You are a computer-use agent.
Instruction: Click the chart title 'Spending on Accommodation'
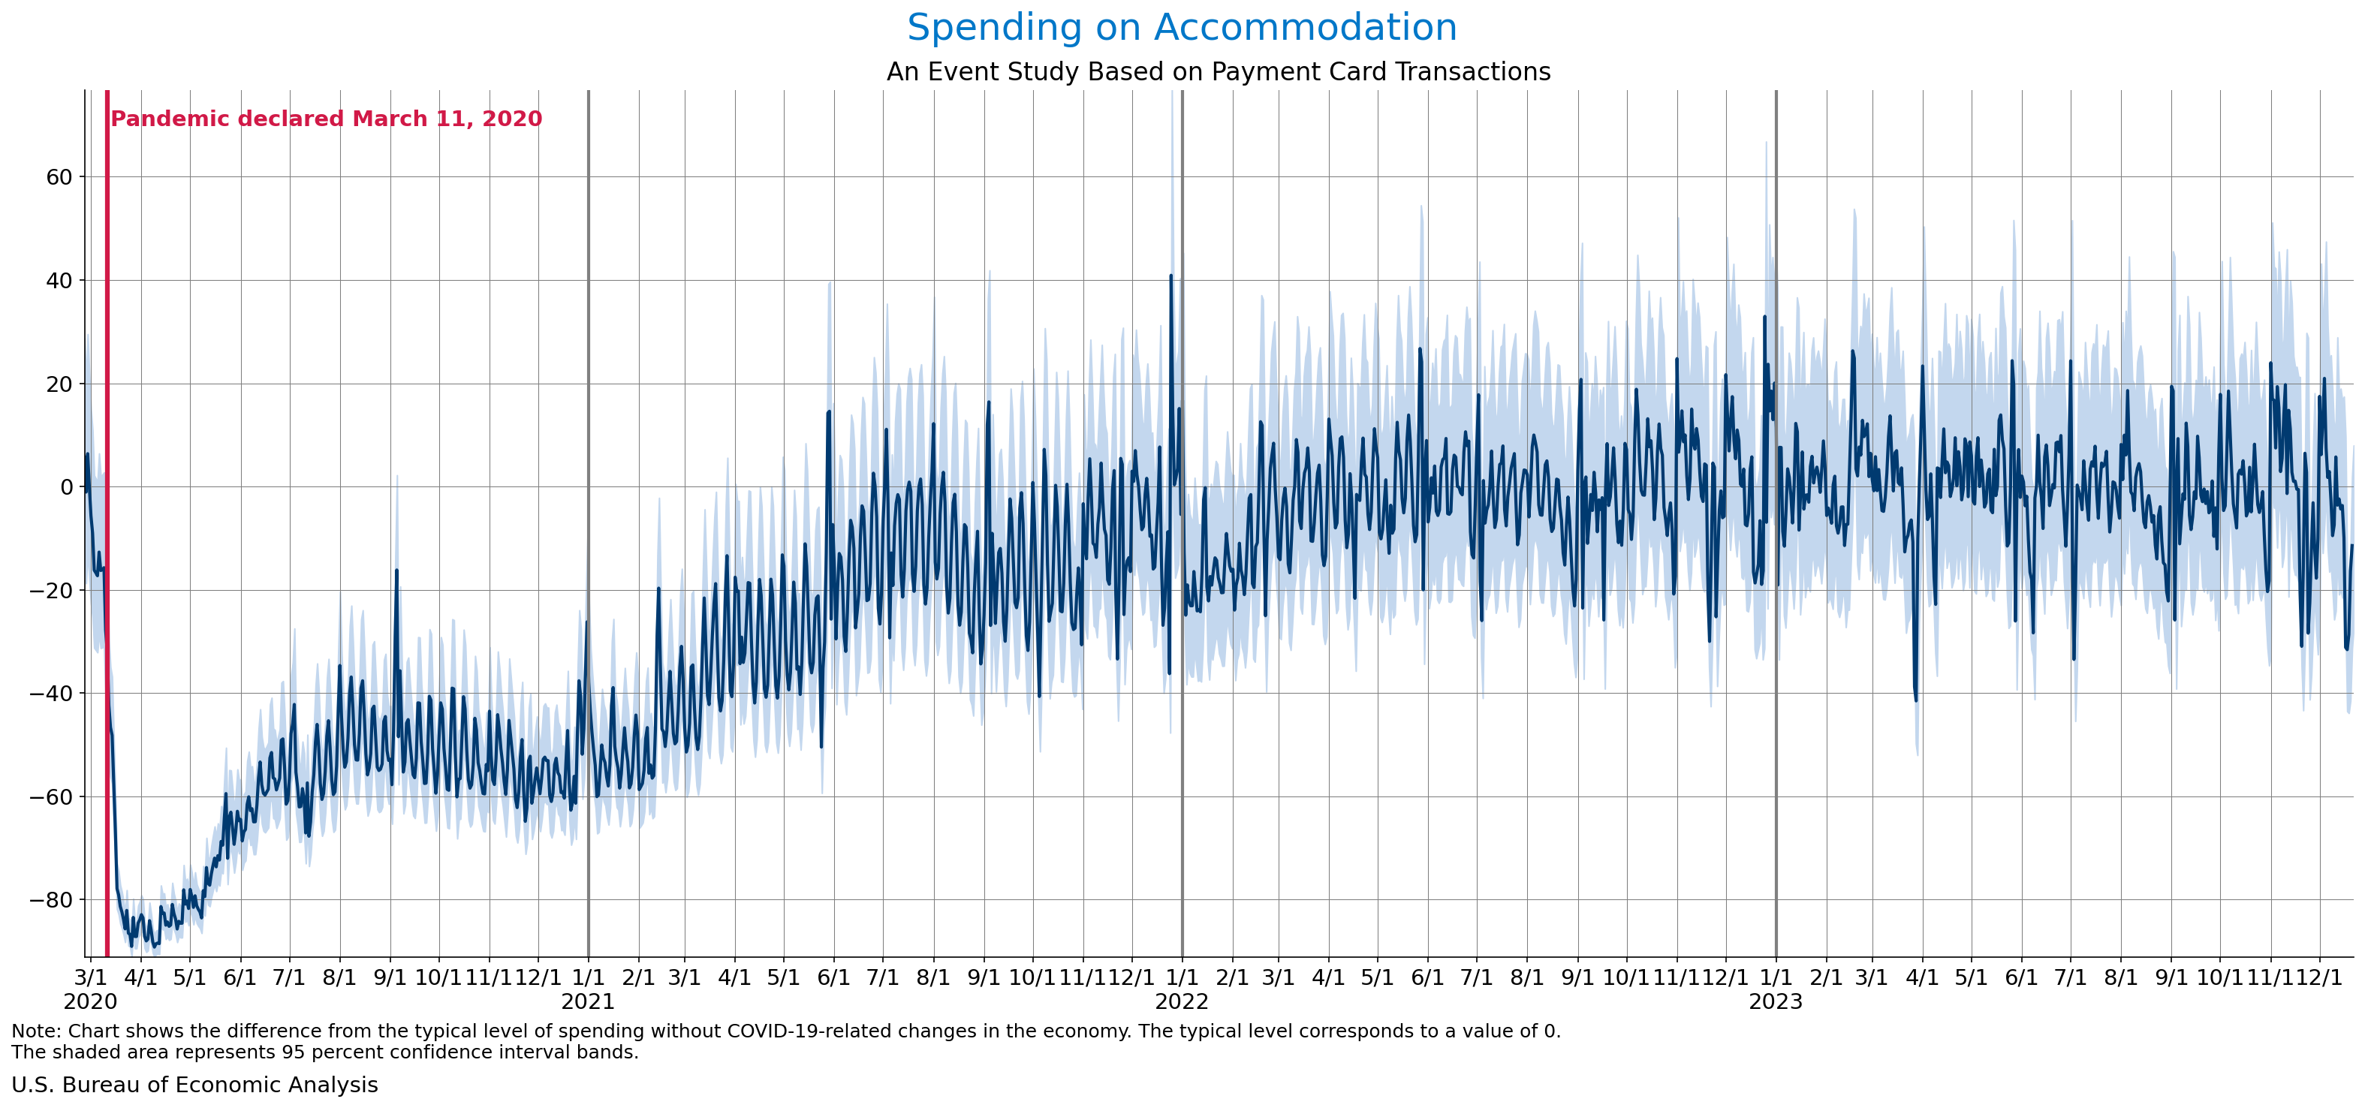1182,28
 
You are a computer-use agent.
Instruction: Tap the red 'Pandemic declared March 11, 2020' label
326,119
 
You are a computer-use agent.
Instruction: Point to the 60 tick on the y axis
59,177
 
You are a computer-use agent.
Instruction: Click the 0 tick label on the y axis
66,487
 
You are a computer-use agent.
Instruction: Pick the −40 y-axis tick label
51,693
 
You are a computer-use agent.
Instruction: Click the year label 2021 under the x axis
588,1001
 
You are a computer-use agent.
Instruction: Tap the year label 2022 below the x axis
1182,1001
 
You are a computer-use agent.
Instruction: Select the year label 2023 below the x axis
1776,1001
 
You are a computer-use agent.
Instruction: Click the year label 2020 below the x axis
90,1001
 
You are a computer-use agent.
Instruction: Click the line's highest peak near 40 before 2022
1170,275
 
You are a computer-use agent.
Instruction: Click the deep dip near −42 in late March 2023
1916,700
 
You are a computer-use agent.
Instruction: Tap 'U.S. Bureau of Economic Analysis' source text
194,1085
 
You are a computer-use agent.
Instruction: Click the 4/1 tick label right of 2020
140,977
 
